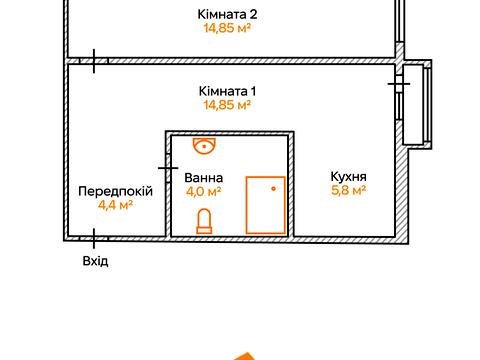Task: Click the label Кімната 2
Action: [229, 15]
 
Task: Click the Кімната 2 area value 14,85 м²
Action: [229, 29]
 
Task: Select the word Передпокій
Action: [115, 191]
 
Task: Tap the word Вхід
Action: [95, 261]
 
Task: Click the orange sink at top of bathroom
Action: [205, 147]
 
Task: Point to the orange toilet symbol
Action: [205, 220]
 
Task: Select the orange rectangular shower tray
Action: [265, 205]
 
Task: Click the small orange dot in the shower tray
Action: [273, 188]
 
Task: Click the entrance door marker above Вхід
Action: [95, 238]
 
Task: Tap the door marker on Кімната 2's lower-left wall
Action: [95, 62]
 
